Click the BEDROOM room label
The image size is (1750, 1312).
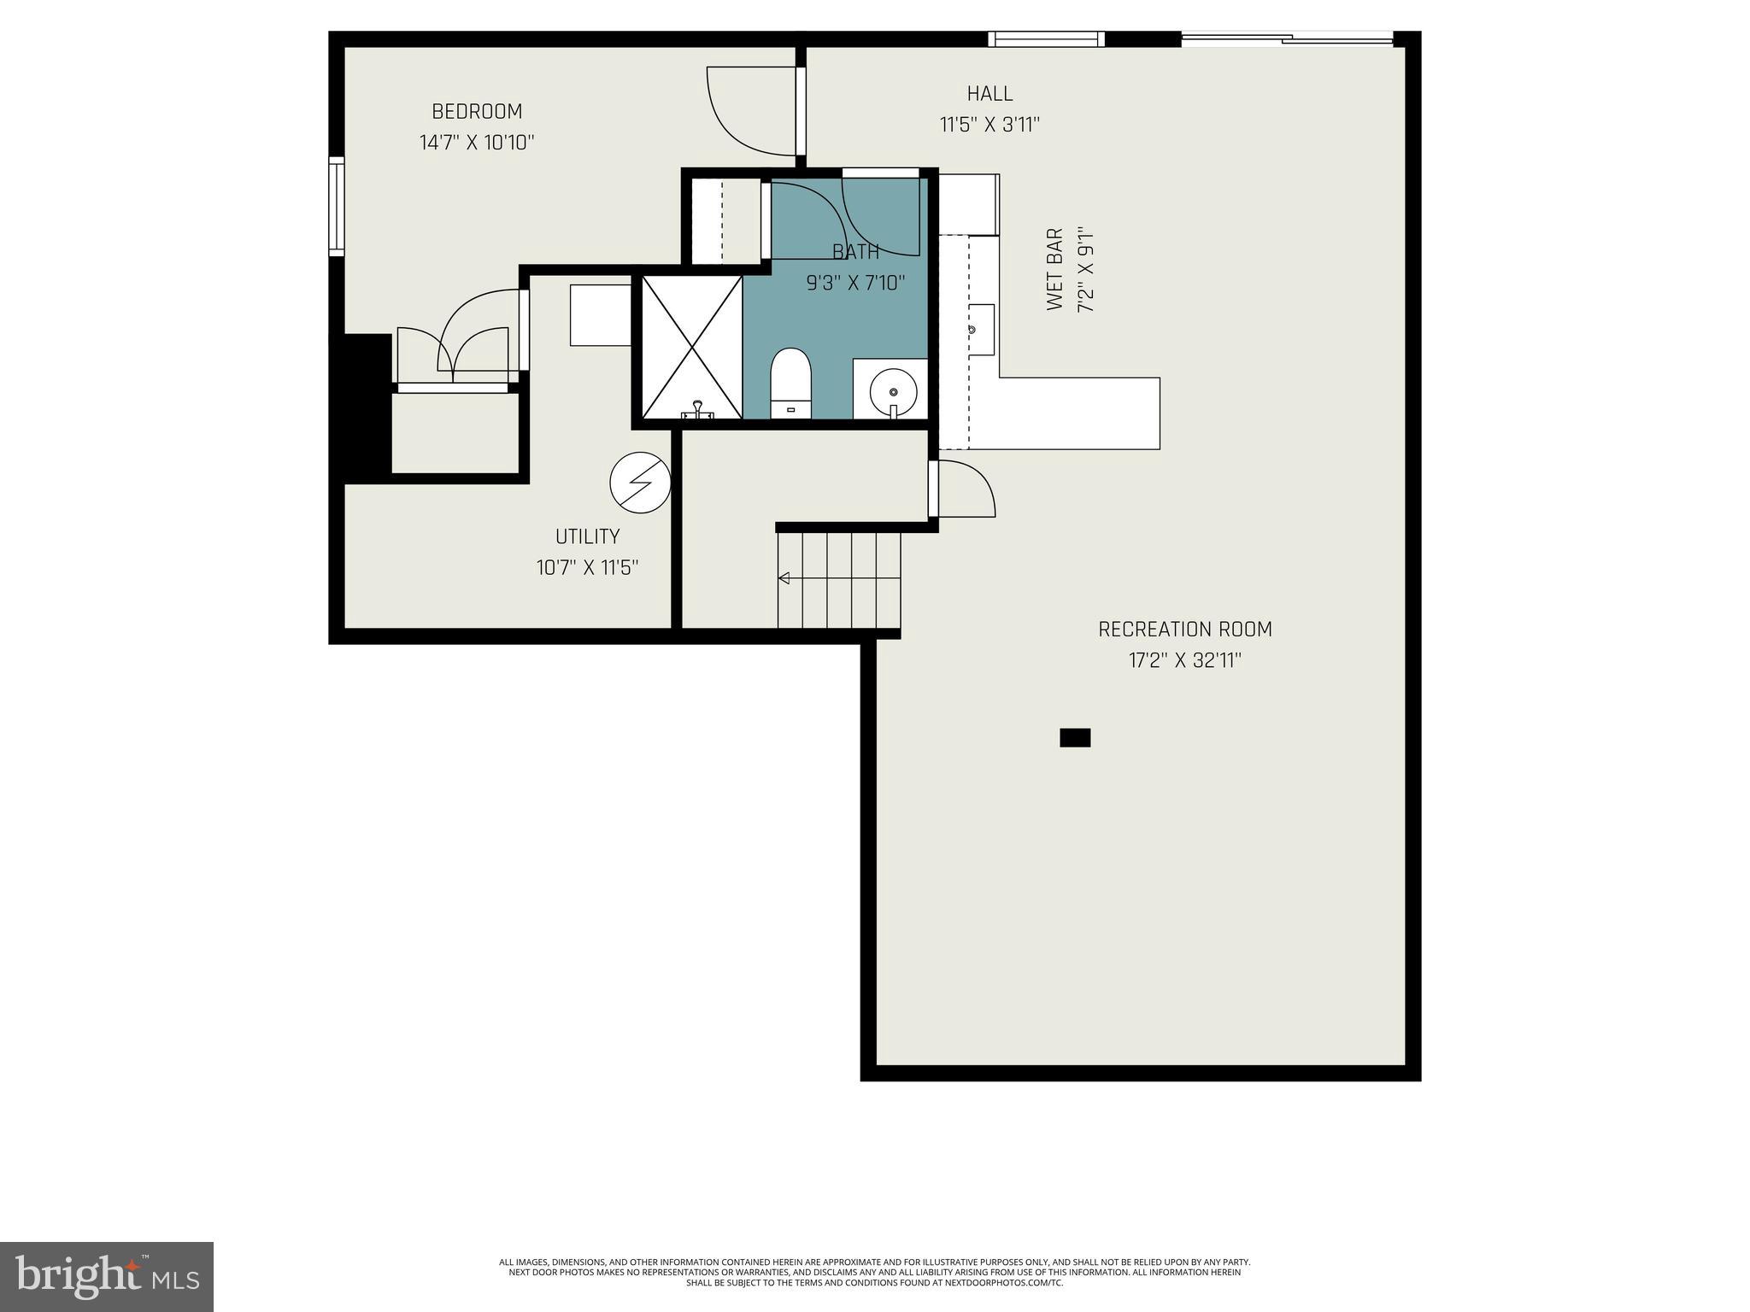477,112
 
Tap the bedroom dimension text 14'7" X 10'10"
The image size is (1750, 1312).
477,143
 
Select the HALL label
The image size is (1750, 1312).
990,93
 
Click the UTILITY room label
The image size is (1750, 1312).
588,536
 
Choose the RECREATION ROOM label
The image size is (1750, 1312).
1185,630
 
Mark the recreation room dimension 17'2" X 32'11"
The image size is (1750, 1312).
1185,660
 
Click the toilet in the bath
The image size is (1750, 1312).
790,383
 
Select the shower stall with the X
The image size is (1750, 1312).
692,348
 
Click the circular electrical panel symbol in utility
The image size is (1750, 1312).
640,483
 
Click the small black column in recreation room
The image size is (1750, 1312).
1075,737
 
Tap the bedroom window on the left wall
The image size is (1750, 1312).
337,206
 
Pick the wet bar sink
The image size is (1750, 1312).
982,330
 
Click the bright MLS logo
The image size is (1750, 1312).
107,1276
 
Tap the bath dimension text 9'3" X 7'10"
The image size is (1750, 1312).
855,283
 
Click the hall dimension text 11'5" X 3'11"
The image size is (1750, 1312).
990,125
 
